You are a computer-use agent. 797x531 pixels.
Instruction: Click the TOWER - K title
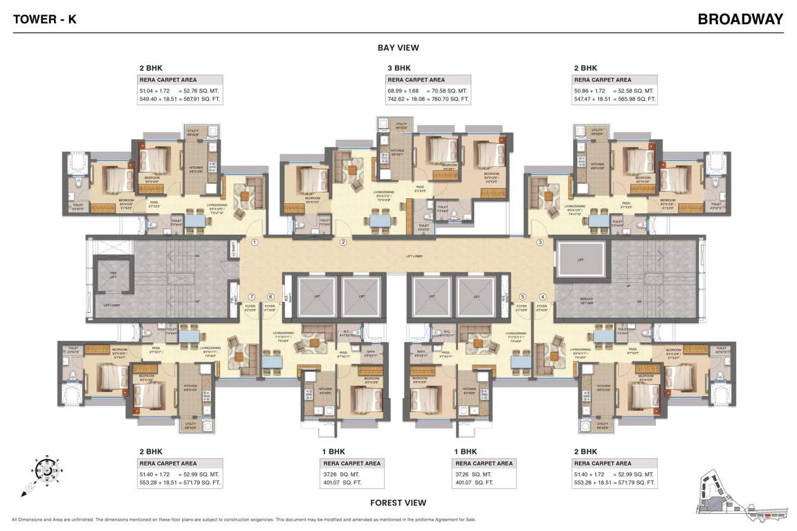click(44, 19)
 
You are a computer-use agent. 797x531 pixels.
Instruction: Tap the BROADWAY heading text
click(740, 19)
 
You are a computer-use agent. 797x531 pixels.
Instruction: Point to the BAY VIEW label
click(398, 48)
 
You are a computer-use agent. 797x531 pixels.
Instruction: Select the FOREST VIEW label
click(398, 503)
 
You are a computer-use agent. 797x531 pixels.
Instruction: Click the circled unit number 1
click(255, 242)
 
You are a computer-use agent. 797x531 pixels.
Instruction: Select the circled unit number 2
click(342, 242)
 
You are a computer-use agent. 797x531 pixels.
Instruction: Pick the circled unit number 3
click(540, 242)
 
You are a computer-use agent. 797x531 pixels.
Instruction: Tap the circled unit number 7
click(252, 297)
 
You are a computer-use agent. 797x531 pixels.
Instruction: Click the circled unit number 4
click(542, 297)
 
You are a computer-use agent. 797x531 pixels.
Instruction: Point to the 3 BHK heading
click(399, 68)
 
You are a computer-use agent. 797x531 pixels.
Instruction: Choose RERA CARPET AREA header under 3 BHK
click(416, 80)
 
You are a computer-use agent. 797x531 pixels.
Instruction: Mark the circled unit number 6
click(271, 297)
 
